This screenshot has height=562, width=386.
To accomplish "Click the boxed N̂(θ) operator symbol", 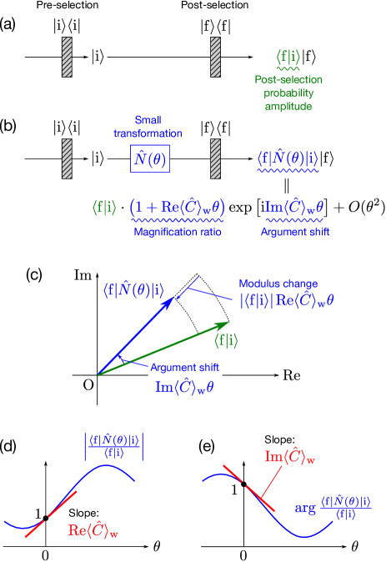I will click(x=149, y=158).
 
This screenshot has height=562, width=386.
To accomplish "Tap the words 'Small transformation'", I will click(x=148, y=127).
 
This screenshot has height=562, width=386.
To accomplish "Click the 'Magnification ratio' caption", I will click(x=178, y=233).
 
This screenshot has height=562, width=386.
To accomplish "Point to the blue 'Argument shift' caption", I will click(x=294, y=232).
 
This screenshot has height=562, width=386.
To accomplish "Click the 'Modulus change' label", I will click(x=278, y=284).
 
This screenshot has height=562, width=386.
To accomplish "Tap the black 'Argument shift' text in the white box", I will click(x=185, y=368).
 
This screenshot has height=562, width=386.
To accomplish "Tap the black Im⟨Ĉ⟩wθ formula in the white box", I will click(x=185, y=386).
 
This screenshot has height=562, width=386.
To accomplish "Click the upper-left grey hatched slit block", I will click(x=68, y=57).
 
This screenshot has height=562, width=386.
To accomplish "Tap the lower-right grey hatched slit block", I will click(x=215, y=158).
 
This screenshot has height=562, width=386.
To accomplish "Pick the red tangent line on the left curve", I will click(x=52, y=514).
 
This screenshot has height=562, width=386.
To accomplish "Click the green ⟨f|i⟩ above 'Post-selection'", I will click(x=288, y=57).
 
